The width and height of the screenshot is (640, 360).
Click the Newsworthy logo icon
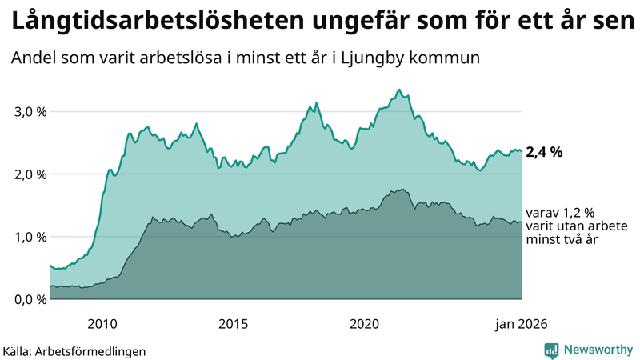point(551,350)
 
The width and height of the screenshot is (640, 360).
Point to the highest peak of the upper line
point(399,90)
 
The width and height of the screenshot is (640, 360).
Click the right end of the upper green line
point(522,150)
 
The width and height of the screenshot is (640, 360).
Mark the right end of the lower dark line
point(522,222)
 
